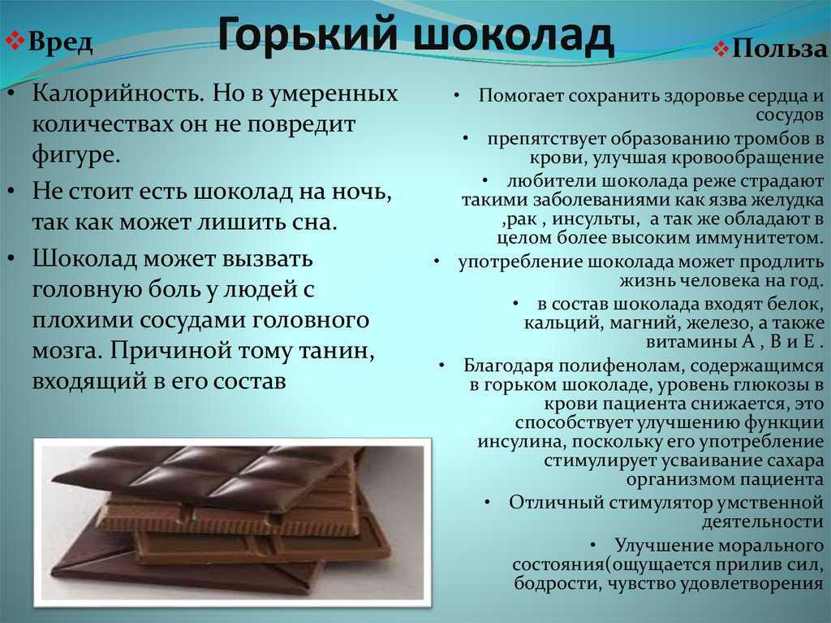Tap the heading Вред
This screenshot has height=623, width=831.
[x=60, y=42]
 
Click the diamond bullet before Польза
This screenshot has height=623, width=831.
[x=721, y=50]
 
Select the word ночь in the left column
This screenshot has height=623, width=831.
[x=363, y=192]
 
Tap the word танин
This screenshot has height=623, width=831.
[x=327, y=350]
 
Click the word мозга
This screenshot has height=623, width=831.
[x=65, y=350]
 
